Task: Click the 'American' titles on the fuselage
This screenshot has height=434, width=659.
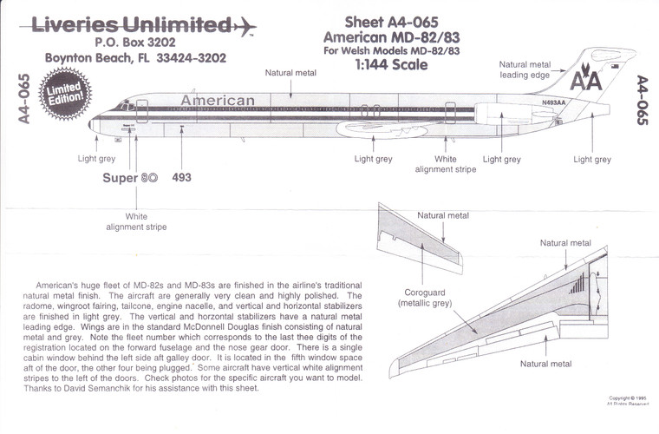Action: pyautogui.click(x=218, y=101)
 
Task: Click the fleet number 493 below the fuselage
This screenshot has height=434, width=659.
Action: pyautogui.click(x=182, y=177)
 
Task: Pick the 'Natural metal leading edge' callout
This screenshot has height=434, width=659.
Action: pyautogui.click(x=525, y=69)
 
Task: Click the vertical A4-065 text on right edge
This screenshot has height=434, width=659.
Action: pyautogui.click(x=642, y=100)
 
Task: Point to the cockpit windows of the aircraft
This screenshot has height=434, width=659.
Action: pyautogui.click(x=127, y=105)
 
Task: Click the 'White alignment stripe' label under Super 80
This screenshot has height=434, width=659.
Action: pyautogui.click(x=136, y=221)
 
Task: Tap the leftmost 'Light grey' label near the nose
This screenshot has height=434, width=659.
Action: pyautogui.click(x=97, y=159)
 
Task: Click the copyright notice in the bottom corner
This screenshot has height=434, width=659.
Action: pyautogui.click(x=628, y=401)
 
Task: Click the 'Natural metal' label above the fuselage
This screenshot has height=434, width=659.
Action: pyautogui.click(x=290, y=74)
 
